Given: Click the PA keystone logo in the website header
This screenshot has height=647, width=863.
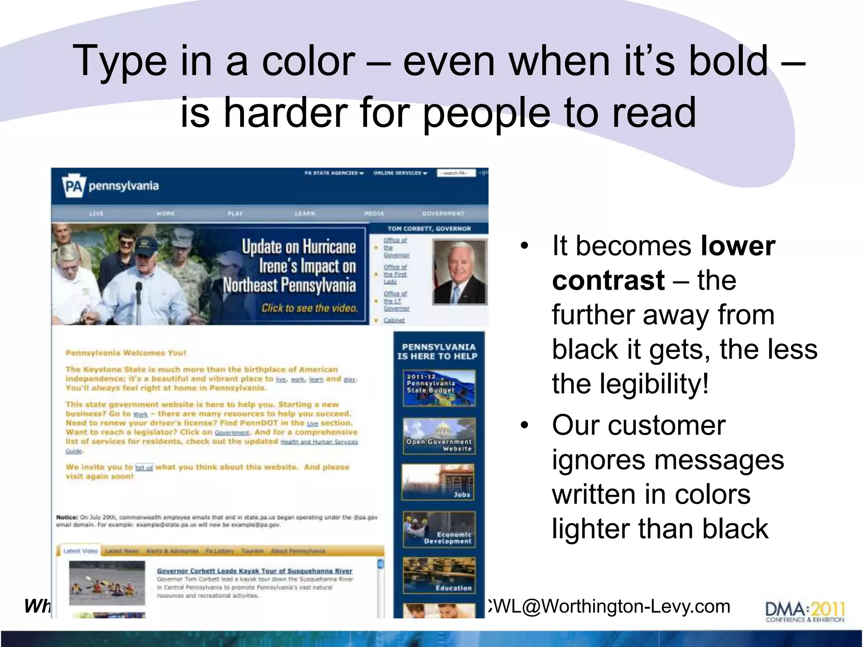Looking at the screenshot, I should click(x=74, y=186).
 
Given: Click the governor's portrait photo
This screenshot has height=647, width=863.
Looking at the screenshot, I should click(x=460, y=272).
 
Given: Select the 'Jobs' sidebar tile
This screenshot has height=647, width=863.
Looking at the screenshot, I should click(x=438, y=482).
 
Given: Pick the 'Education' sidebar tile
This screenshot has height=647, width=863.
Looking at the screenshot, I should click(x=439, y=575).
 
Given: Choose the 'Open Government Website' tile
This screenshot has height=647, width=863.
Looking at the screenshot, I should click(x=439, y=436).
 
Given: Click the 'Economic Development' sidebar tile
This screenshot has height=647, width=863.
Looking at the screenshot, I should click(x=439, y=529).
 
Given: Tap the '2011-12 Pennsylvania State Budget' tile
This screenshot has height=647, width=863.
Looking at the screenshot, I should click(x=439, y=388).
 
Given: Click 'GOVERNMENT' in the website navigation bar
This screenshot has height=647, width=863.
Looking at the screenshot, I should click(x=443, y=214).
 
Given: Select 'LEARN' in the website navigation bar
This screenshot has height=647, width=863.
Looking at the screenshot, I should click(x=305, y=214).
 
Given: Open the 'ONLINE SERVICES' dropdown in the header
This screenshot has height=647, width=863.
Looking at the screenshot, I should click(x=400, y=173).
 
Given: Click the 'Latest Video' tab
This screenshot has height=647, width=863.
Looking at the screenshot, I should click(x=80, y=551).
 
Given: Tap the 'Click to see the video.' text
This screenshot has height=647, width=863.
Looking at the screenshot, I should click(x=309, y=308).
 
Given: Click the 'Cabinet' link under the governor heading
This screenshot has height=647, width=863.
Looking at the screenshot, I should click(x=394, y=321).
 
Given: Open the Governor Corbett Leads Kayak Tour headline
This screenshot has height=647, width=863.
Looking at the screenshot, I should click(x=255, y=571).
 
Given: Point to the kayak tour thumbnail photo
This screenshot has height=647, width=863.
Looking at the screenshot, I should click(x=107, y=583).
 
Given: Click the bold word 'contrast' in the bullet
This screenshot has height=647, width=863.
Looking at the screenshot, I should click(x=608, y=281).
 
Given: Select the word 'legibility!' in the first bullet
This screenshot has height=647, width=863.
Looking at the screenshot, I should click(x=654, y=384).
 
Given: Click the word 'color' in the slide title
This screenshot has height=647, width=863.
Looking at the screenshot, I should click(x=308, y=61).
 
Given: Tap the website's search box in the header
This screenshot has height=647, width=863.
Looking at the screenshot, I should click(x=456, y=173).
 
